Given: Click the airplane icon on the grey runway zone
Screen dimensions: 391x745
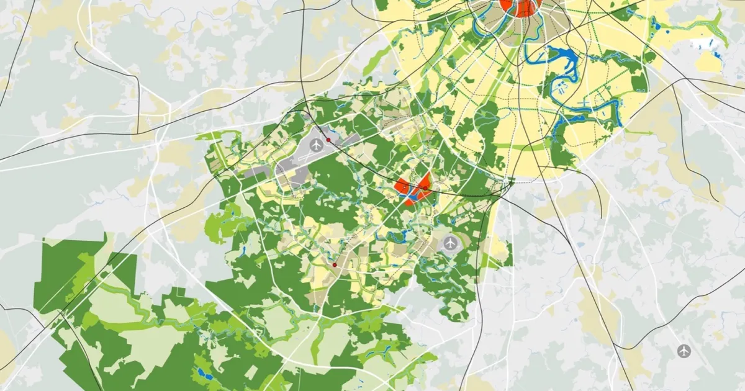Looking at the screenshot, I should click(317, 145).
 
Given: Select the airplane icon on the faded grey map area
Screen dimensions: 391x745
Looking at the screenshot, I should click(684, 351).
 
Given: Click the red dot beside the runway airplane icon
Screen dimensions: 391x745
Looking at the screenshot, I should click(328, 141).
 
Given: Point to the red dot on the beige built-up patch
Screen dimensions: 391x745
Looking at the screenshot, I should click(335, 265).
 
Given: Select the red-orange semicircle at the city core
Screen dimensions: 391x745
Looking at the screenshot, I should click(520, 7).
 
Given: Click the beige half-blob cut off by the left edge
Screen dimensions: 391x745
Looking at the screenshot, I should click(5, 354).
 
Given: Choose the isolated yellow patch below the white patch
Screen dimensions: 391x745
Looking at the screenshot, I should click(708, 61).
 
